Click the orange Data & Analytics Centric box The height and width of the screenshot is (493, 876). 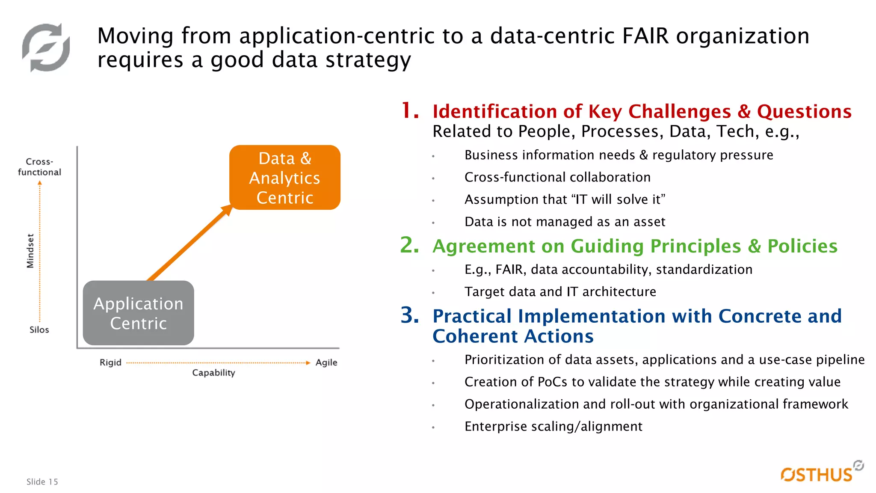[285, 178]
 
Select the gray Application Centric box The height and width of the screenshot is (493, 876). [138, 313]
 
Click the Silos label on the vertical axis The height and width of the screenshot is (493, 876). [39, 330]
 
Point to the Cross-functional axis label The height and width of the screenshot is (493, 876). [39, 167]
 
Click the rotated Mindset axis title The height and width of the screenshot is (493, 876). [30, 251]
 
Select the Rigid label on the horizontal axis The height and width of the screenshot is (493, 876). [110, 362]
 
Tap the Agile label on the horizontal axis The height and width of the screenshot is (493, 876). [326, 362]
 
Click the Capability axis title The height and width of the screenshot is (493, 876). [213, 373]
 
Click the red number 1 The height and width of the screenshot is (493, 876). [410, 111]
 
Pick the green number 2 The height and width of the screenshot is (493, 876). [409, 245]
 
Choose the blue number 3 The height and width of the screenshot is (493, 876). [409, 315]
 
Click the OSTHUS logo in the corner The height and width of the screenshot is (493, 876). [819, 473]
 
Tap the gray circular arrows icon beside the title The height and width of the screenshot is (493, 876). [46, 48]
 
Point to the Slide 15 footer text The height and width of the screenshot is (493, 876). [42, 482]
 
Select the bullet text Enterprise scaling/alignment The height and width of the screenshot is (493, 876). [553, 427]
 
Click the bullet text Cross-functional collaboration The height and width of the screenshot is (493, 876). [557, 177]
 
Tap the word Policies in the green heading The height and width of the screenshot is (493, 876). [802, 246]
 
